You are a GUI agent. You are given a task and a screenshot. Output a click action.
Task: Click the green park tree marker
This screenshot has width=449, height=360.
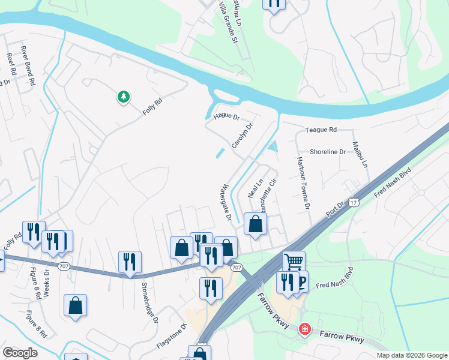(124, 96)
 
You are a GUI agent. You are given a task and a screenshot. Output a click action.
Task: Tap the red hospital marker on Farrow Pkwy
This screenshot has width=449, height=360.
(305, 329)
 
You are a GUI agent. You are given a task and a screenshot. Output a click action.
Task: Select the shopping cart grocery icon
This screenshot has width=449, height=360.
(294, 262)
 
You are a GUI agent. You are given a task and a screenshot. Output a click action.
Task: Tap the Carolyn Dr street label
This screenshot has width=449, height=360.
(243, 136)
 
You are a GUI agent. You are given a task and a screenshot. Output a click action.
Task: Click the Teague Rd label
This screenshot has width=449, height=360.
(321, 130)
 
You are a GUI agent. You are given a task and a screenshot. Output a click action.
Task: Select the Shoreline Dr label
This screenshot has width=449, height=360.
(327, 152)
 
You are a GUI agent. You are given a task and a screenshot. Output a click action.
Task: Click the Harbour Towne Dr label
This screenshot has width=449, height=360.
(303, 183)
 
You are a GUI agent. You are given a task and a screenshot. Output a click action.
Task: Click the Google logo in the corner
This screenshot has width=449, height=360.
(20, 353)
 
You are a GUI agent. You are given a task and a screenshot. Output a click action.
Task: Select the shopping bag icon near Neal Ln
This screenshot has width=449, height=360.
(256, 224)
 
